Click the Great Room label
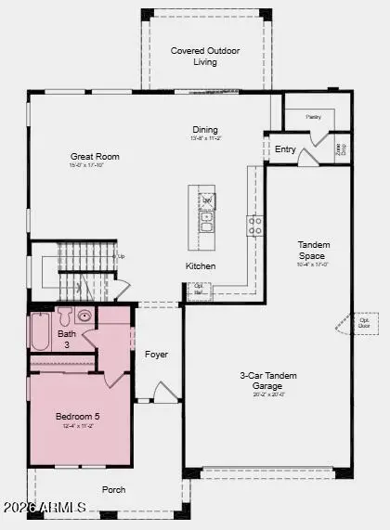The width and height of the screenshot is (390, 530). coord(95,157)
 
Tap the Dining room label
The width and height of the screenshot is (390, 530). coord(205,129)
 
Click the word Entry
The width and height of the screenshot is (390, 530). coord(284,149)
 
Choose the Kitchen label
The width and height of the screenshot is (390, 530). coord(200,266)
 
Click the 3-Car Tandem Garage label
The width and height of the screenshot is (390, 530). coord(267,381)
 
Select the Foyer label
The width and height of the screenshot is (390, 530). coord(156,355)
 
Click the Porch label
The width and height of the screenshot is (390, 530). coord(114,489)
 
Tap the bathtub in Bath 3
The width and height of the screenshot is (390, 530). coord(41,331)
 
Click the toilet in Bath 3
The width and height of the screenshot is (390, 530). coord(65,317)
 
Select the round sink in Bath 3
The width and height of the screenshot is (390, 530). coord(84,317)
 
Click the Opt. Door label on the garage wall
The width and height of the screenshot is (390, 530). coord(363,325)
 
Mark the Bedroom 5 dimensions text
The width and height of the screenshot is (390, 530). coord(79,427)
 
